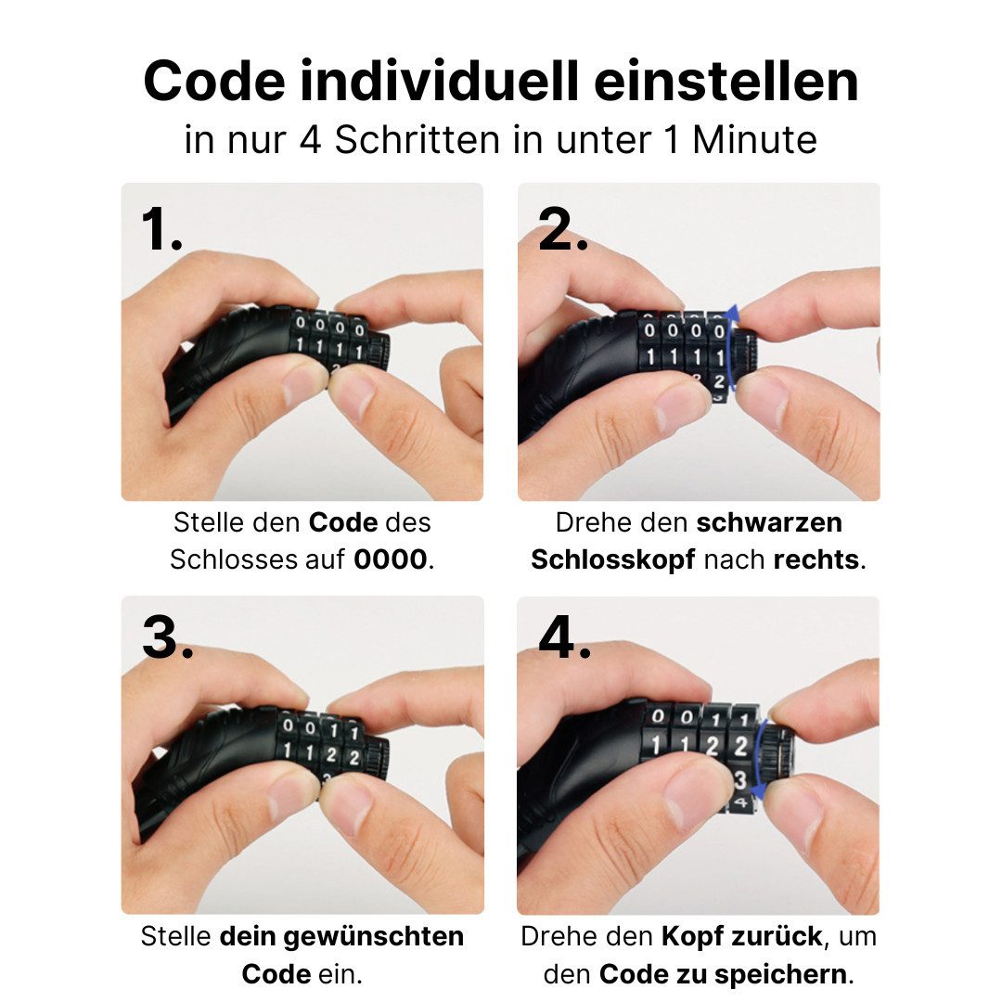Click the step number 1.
click(x=161, y=229)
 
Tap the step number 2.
click(x=562, y=229)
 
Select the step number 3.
click(x=167, y=636)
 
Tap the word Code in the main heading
click(x=214, y=81)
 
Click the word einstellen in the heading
click(x=726, y=81)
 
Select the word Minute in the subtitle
click(x=754, y=140)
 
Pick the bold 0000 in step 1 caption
click(x=391, y=559)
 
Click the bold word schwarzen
click(x=769, y=522)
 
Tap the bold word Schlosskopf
click(x=613, y=559)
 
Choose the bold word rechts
click(x=816, y=559)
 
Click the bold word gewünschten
click(x=374, y=937)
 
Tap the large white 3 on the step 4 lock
click(x=740, y=779)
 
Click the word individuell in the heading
click(x=440, y=81)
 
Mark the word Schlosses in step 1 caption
click(x=235, y=559)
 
